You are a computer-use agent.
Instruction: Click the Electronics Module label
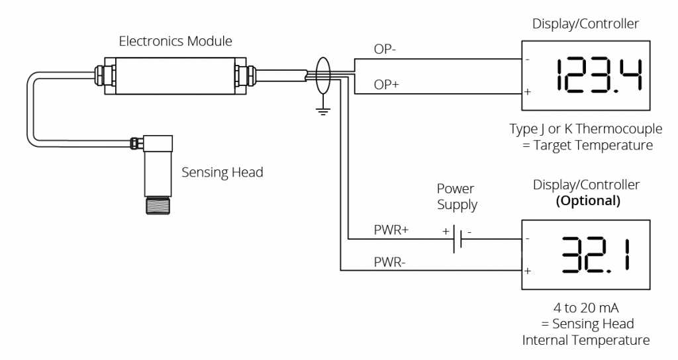175,41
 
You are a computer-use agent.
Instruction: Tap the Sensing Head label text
222,173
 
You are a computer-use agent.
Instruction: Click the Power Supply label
457,197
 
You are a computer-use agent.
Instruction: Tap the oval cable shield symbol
323,77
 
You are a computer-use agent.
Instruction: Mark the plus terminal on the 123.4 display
528,91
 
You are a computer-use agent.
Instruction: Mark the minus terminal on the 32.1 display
528,239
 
